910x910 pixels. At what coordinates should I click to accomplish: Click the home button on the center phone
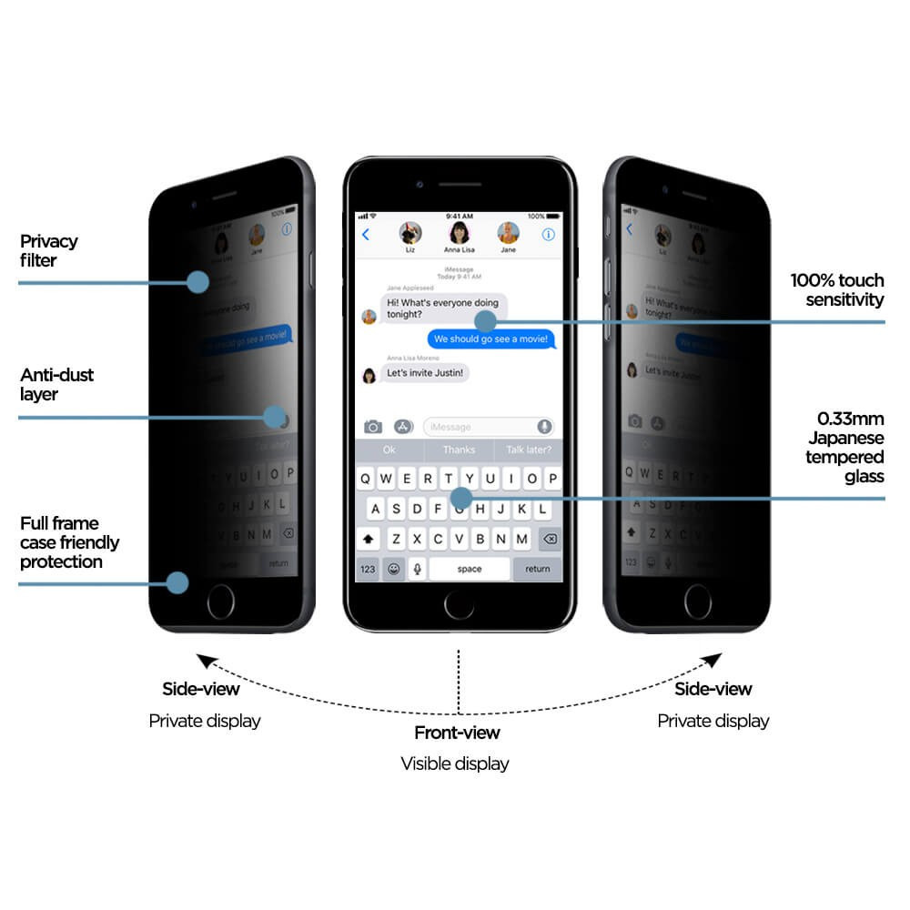(x=459, y=604)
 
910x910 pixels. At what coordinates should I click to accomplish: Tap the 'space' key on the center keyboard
(x=470, y=569)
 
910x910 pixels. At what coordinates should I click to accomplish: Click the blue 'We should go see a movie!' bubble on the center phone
(x=491, y=339)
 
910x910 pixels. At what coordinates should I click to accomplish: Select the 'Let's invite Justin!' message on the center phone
(x=425, y=373)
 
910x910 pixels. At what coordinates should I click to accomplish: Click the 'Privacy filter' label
(x=49, y=251)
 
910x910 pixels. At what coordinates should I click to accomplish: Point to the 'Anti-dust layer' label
(x=56, y=385)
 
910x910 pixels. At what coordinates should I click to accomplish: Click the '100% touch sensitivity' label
(x=836, y=289)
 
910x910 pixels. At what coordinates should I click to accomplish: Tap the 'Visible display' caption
(x=455, y=764)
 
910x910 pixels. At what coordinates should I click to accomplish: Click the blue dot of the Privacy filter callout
(x=197, y=281)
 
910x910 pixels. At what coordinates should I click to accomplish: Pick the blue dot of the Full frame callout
(x=177, y=583)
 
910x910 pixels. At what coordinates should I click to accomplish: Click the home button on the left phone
(x=220, y=602)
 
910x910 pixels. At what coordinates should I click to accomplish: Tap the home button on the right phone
(x=699, y=602)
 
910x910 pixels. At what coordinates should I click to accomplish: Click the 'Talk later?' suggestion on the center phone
(x=528, y=450)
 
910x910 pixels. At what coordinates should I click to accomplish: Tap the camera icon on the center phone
(x=373, y=427)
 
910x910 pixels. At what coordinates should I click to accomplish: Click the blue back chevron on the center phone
(x=366, y=235)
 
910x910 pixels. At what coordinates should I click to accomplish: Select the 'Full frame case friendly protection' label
(x=69, y=542)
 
